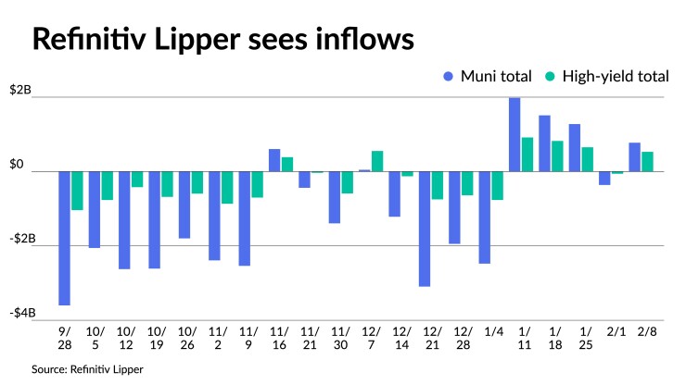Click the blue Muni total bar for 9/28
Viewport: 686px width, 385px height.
point(65,238)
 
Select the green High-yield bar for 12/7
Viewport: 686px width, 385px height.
point(377,161)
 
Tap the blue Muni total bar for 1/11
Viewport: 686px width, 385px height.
point(514,134)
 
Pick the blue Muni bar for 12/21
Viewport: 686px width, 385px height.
point(425,229)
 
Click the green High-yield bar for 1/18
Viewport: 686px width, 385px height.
point(557,155)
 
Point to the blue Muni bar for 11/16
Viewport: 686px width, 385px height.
point(274,160)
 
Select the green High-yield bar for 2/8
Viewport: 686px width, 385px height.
point(647,162)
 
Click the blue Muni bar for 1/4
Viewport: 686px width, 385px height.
point(484,217)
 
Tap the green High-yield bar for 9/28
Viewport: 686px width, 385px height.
point(78,191)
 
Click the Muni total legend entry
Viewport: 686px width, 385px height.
point(489,77)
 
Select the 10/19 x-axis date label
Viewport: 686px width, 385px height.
point(155,340)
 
